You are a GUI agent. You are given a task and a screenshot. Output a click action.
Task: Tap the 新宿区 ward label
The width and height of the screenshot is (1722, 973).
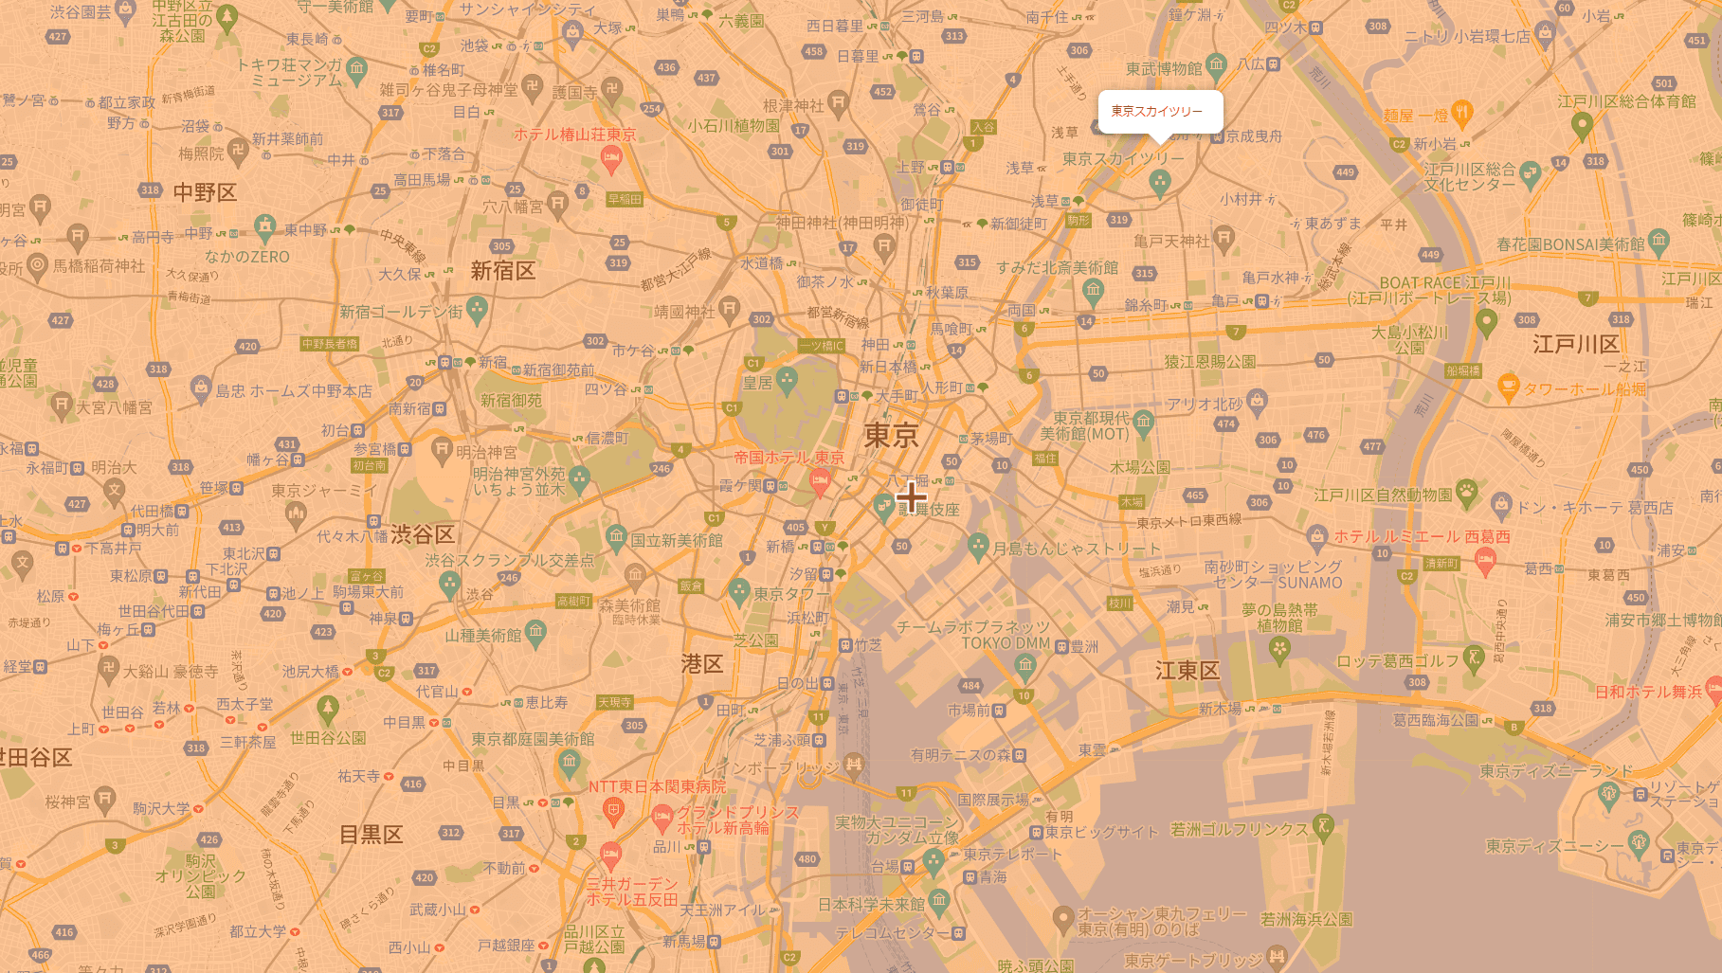(x=502, y=272)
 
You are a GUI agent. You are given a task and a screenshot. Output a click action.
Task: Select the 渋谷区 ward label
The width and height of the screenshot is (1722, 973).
(x=423, y=534)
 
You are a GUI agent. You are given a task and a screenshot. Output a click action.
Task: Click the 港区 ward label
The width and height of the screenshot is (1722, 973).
(x=701, y=664)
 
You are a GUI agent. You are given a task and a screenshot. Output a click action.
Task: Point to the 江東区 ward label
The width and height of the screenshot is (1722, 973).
(x=1187, y=671)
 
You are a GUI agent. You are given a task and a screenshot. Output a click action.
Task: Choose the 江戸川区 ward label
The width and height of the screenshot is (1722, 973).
(x=1575, y=344)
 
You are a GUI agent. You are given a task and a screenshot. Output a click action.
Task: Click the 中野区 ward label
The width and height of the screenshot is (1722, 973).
(x=205, y=193)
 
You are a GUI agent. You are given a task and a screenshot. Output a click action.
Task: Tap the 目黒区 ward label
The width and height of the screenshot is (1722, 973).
(x=371, y=835)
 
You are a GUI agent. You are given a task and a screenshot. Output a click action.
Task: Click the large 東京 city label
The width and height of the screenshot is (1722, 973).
(x=891, y=436)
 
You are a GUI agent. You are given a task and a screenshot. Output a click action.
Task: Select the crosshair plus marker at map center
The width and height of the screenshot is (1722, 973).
(x=911, y=496)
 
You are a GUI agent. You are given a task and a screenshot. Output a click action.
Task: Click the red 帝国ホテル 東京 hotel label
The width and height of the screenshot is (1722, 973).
(x=788, y=458)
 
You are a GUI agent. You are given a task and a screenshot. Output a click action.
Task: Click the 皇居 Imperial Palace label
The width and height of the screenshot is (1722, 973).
(x=757, y=383)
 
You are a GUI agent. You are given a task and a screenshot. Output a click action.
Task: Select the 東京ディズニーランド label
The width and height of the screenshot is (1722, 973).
(x=1555, y=771)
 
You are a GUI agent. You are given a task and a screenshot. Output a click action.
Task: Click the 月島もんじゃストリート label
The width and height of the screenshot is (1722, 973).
(x=1076, y=549)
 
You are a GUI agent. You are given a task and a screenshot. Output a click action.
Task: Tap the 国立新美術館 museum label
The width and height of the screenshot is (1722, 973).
(x=676, y=540)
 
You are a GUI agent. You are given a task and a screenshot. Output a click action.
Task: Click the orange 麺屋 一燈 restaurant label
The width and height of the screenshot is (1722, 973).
(x=1415, y=116)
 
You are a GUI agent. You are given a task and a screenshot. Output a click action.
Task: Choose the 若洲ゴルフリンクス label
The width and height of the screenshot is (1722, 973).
(x=1239, y=829)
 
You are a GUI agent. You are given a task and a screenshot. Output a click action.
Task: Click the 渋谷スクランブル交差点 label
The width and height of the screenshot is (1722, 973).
(x=509, y=560)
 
